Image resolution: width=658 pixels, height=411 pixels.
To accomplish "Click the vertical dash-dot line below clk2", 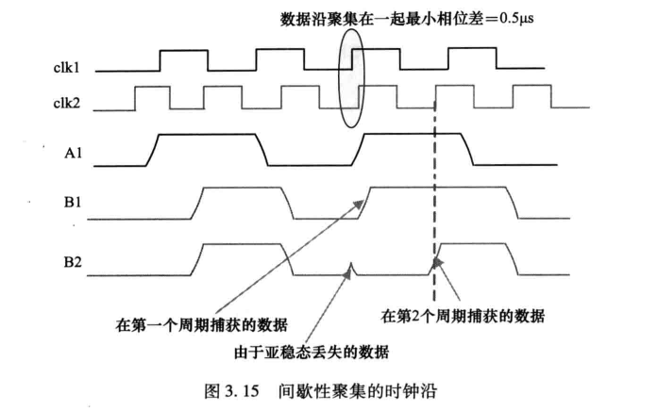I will click(x=434, y=189).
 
